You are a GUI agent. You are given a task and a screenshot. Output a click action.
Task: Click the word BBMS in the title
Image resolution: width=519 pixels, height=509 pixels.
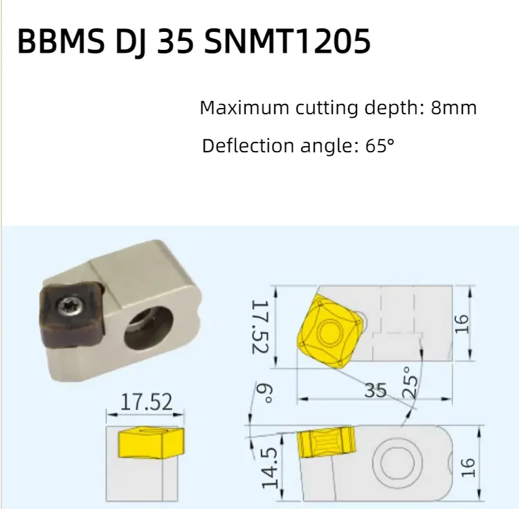pos(61,41)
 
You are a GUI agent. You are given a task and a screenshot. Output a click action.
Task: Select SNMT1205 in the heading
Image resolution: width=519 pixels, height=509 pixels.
pos(287,41)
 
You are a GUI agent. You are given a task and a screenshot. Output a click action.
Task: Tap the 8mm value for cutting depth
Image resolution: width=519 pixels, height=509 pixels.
pos(453,107)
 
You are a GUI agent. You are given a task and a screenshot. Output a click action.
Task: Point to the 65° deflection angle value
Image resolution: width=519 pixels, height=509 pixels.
pos(380,145)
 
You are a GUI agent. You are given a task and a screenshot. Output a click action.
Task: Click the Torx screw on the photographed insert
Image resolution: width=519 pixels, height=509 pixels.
pos(70,305)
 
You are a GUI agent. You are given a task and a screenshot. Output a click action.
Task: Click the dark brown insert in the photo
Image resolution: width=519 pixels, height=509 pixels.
pos(72,314)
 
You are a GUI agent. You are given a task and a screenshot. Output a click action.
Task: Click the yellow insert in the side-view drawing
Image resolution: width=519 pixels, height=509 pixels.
pos(327,443)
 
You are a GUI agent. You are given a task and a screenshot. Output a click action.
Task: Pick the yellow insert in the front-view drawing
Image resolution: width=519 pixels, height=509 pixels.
pos(151,443)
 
